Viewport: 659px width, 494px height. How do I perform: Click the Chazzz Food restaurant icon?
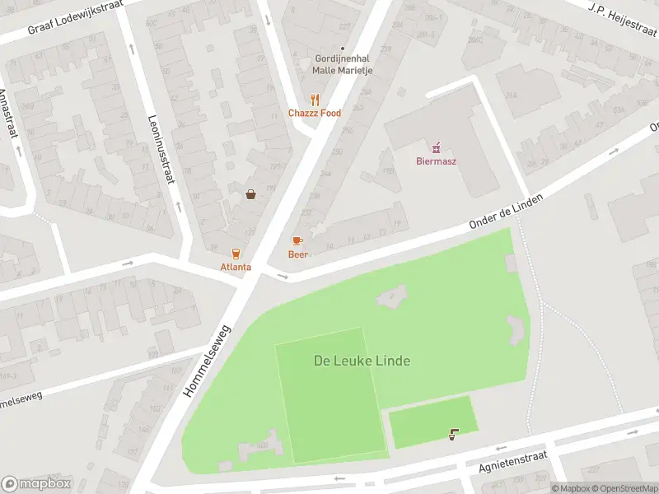coord(314,100)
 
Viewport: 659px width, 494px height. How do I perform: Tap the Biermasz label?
coord(436,161)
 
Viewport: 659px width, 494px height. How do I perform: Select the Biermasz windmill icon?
coord(436,147)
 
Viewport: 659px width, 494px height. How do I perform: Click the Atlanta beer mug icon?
coord(236,253)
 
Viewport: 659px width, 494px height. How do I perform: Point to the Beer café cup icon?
coord(297,240)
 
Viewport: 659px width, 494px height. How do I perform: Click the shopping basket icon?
coord(250,194)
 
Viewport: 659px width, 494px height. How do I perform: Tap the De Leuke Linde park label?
coord(362,361)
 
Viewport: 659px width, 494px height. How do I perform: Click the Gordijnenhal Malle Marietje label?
coord(341,64)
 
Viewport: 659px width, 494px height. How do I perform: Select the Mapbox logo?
coord(36,484)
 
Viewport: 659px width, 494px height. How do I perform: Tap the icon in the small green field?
coord(454,433)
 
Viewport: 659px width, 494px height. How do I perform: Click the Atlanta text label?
coord(236,267)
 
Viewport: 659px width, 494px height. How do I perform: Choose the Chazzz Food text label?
coord(314,114)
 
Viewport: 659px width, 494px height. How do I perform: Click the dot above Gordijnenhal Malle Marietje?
coord(343,49)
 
